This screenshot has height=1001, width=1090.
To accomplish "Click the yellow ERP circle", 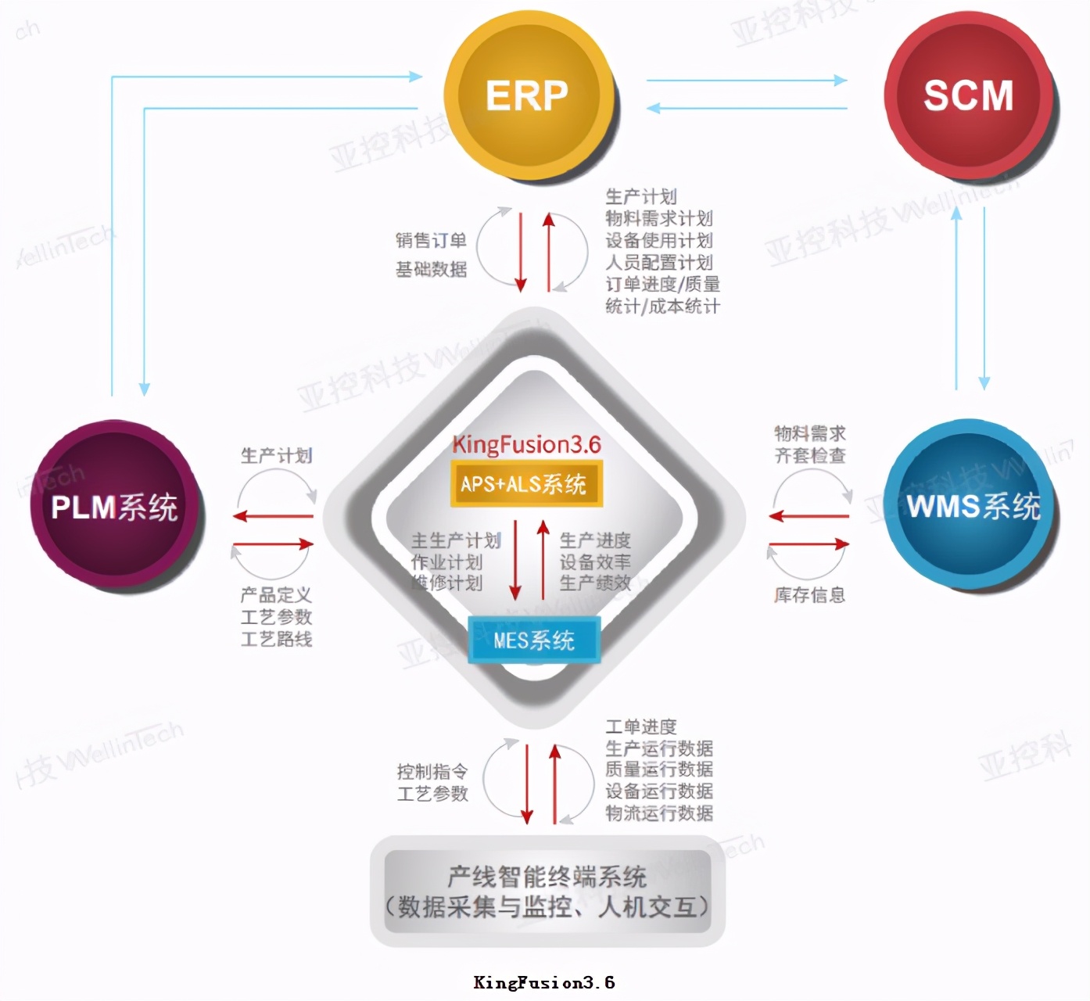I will click(527, 95).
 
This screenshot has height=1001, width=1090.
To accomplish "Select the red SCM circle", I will click(968, 95).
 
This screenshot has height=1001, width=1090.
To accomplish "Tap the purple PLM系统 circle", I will click(115, 507).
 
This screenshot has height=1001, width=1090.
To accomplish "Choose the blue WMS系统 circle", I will click(973, 506).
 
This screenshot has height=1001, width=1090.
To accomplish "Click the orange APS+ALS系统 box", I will click(523, 484).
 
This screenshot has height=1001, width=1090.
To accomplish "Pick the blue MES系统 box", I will click(534, 640).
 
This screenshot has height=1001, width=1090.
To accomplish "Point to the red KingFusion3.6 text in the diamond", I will click(526, 445).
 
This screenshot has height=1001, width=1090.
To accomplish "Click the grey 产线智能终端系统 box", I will click(547, 892).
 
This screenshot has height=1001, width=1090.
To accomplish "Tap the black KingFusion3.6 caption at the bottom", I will click(544, 983).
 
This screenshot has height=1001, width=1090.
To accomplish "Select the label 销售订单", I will click(431, 240).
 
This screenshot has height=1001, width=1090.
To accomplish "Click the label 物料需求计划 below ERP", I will click(658, 218).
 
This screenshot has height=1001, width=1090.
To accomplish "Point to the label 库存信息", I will click(809, 595).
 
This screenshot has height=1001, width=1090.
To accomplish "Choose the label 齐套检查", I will click(809, 455).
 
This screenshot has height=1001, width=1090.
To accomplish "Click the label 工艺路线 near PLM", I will click(276, 639).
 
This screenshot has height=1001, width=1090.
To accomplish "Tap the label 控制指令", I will click(432, 772).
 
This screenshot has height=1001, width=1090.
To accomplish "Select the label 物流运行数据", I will click(658, 813).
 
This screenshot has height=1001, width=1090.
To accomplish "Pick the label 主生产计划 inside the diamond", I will click(455, 540).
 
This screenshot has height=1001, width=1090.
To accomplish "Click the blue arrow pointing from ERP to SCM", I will click(746, 80).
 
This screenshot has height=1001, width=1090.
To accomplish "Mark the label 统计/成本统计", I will click(662, 306).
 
